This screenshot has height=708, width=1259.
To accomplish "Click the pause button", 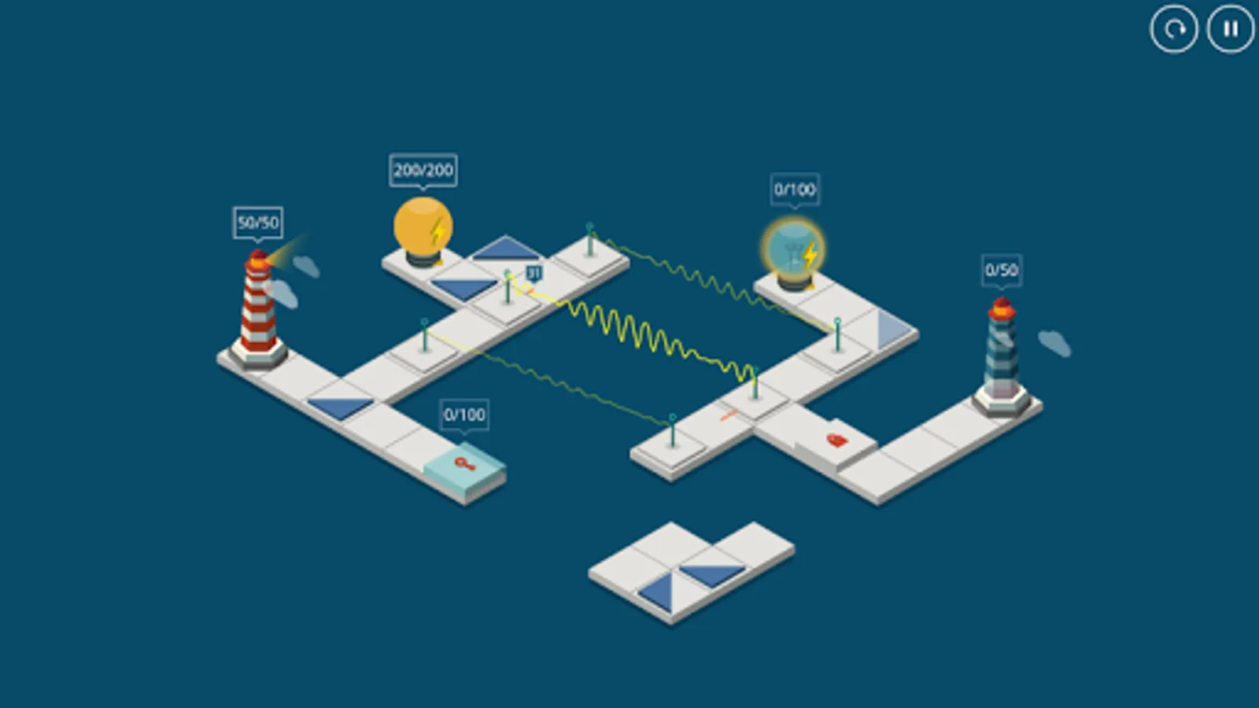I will pyautogui.click(x=1231, y=29).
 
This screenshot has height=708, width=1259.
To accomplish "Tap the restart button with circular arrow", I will pyautogui.click(x=1174, y=29).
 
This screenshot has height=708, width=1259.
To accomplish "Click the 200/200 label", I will pyautogui.click(x=423, y=170).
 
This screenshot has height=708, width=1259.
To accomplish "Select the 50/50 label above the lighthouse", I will pyautogui.click(x=258, y=223).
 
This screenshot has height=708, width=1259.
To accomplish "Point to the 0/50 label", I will pyautogui.click(x=1002, y=271).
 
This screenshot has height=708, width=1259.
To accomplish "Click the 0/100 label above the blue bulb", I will pyautogui.click(x=795, y=190).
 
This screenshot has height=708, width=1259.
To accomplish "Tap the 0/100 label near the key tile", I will pyautogui.click(x=464, y=415).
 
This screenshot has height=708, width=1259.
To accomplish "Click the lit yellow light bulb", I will pyautogui.click(x=422, y=228).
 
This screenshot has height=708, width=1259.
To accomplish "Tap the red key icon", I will pyautogui.click(x=465, y=463).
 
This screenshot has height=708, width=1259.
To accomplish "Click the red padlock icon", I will pyautogui.click(x=837, y=441).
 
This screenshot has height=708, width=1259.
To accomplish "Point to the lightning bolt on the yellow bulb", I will pyautogui.click(x=438, y=230).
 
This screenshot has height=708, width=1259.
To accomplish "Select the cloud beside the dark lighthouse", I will pyautogui.click(x=1054, y=343).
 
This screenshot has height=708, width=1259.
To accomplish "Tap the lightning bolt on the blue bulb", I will pyautogui.click(x=810, y=254).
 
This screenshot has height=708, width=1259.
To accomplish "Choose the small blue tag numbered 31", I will pyautogui.click(x=534, y=274).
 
